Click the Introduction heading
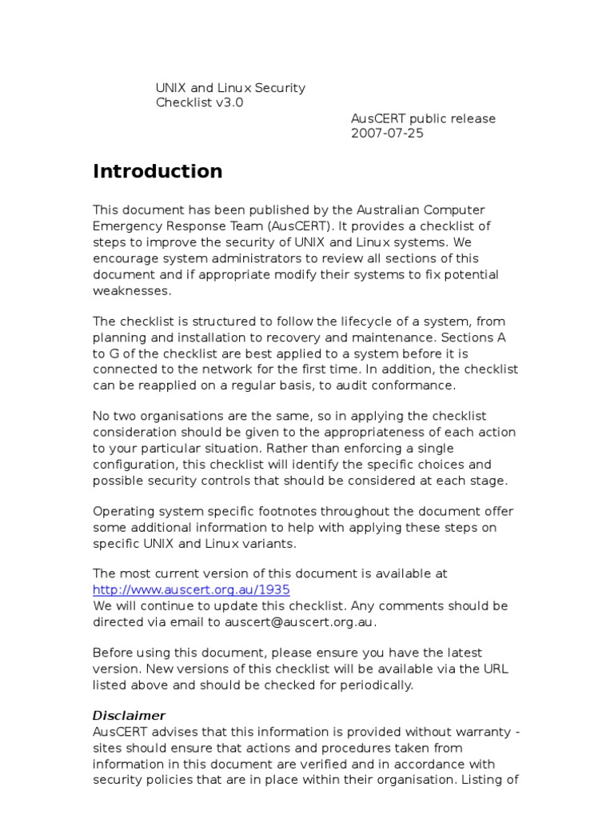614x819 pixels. coord(157,171)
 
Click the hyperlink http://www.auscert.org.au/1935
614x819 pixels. coord(191,589)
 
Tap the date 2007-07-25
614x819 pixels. coord(387,134)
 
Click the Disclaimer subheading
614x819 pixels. coord(129,715)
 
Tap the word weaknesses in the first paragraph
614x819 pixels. coord(131,291)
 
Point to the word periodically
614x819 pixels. coord(374,685)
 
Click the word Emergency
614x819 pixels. coord(126,226)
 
